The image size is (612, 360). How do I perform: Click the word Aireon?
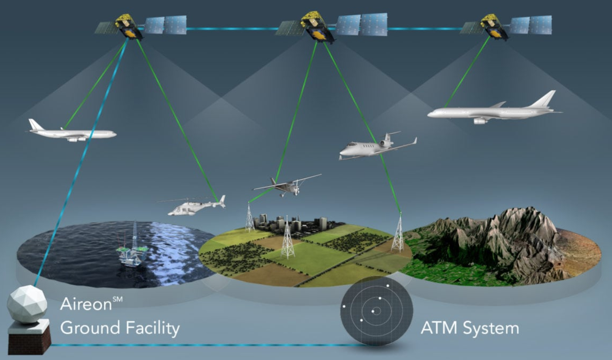(x=86, y=303)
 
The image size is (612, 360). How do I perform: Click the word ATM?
(x=439, y=328)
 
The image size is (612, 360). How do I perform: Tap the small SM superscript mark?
(x=118, y=299)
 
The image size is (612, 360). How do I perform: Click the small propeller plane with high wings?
(x=287, y=186)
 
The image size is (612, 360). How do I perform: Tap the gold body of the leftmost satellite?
(x=129, y=26)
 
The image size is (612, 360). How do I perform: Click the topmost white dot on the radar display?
(x=388, y=286)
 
